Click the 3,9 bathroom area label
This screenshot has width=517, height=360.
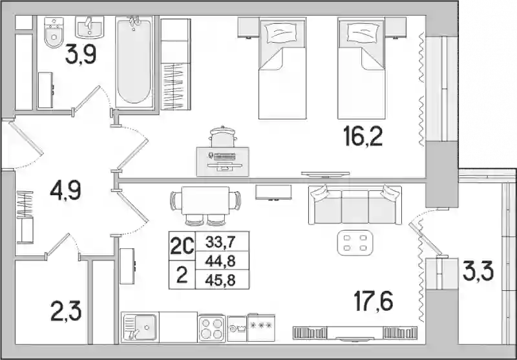tap(80, 55)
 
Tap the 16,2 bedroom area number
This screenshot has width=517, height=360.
tap(363, 137)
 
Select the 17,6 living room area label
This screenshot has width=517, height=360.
tap(374, 302)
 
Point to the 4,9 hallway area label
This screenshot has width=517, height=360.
tap(65, 191)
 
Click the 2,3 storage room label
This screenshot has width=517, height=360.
tap(66, 312)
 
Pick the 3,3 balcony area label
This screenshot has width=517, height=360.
tap(478, 271)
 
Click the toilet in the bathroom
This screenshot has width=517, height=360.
tap(54, 32)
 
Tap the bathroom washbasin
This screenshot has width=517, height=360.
tap(89, 27)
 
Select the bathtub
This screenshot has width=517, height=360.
tap(134, 61)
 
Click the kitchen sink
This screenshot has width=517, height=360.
tap(140, 328)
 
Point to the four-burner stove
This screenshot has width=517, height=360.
tap(212, 328)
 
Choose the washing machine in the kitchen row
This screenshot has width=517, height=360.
tap(237, 329)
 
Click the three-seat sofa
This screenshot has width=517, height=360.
tap(355, 205)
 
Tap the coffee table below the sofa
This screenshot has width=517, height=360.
tap(355, 242)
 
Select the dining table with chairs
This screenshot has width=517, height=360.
tap(206, 205)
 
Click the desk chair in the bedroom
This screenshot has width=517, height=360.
tap(222, 137)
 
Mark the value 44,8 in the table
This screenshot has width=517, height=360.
tap(220, 261)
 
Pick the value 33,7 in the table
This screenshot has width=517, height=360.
tap(220, 242)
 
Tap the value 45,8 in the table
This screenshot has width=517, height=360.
tap(220, 281)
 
